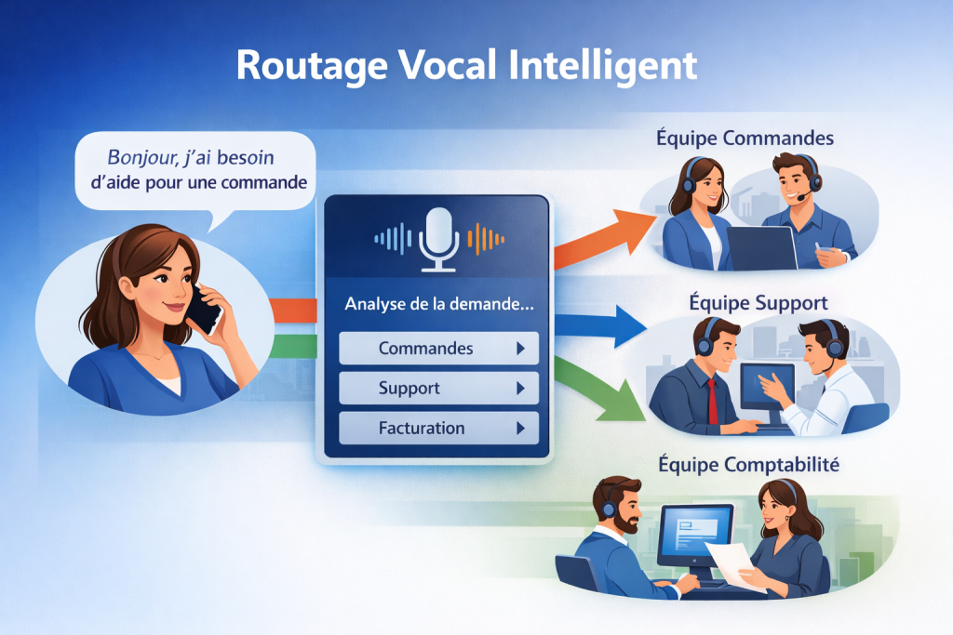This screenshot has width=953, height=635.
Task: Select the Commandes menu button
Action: (438, 349)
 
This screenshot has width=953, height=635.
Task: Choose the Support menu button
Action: (438, 388)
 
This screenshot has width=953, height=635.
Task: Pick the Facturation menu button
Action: (438, 428)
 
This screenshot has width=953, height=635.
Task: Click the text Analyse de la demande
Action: (436, 302)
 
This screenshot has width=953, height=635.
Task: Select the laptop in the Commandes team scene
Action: (760, 247)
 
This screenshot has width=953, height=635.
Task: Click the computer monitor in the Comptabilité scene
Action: (694, 535)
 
